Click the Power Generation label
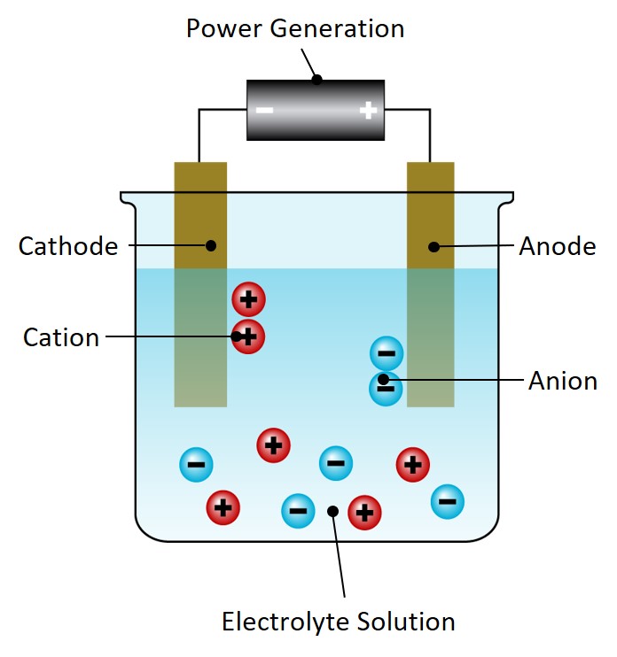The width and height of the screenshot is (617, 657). click(x=294, y=28)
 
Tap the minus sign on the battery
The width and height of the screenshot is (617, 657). click(x=264, y=111)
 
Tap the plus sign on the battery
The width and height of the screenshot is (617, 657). click(x=368, y=111)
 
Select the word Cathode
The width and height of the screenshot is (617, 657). click(x=68, y=246)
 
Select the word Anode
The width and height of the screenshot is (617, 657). click(x=557, y=246)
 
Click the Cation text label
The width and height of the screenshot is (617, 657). click(x=61, y=337)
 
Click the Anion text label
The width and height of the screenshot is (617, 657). click(x=562, y=381)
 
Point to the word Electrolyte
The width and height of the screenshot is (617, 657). click(x=281, y=621)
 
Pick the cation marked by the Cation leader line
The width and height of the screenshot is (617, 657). click(x=249, y=336)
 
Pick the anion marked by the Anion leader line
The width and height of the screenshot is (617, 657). click(x=387, y=386)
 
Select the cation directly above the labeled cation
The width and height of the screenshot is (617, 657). click(x=249, y=300)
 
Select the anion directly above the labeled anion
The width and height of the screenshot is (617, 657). click(x=387, y=354)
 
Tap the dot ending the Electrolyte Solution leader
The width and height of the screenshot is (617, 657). click(x=332, y=511)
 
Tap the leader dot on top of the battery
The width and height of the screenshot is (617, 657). click(x=316, y=79)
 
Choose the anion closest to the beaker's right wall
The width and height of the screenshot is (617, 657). click(x=448, y=502)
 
